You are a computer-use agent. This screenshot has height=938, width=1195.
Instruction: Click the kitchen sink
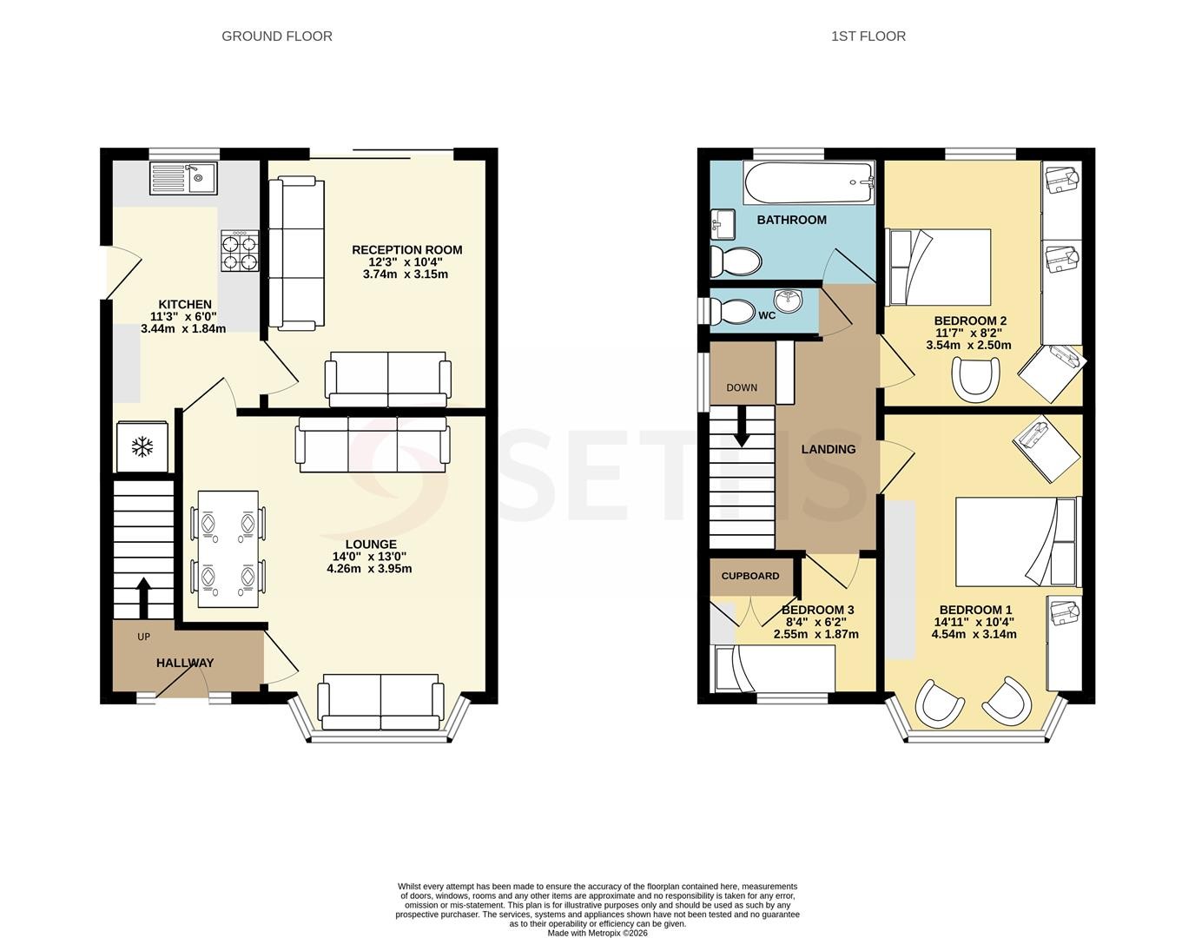(183, 177)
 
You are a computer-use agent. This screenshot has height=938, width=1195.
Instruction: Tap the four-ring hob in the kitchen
(240, 251)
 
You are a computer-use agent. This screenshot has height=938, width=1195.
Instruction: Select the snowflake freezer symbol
(142, 447)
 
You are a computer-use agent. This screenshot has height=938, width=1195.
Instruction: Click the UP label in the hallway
(143, 637)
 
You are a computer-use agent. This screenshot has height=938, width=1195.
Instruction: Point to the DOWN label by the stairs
(742, 387)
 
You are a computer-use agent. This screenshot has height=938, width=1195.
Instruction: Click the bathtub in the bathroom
(809, 182)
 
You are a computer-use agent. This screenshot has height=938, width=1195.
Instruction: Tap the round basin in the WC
(788, 301)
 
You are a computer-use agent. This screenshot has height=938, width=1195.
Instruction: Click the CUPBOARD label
(750, 576)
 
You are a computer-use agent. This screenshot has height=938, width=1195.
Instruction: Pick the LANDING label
(829, 449)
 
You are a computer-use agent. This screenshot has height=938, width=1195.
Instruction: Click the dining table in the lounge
(228, 549)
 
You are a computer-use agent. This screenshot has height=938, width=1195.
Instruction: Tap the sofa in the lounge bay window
(380, 702)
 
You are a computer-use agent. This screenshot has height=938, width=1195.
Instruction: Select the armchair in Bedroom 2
(976, 380)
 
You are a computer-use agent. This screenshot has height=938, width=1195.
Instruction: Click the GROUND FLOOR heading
(277, 36)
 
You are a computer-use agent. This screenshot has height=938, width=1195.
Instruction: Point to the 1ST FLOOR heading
(868, 36)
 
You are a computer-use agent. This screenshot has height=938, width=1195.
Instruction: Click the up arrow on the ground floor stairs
(143, 598)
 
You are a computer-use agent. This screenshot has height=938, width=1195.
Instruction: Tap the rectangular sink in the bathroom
(722, 224)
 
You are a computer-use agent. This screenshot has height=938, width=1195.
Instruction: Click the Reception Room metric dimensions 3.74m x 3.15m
(406, 274)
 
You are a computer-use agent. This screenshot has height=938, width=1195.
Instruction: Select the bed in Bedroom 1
(1016, 542)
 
